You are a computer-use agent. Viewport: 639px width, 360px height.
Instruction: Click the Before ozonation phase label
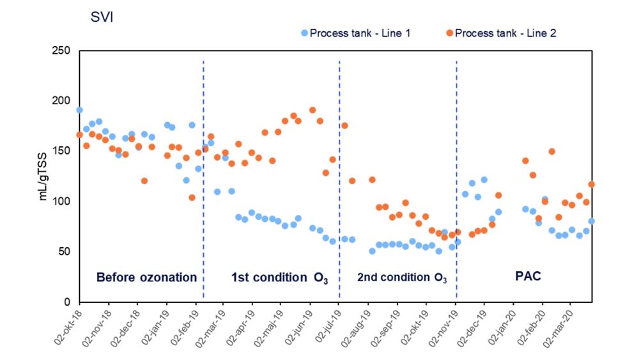146,278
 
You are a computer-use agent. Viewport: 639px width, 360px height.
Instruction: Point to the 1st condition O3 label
279,278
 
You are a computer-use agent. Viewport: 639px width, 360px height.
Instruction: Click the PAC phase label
528,278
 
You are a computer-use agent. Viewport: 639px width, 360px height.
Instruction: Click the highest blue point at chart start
79,110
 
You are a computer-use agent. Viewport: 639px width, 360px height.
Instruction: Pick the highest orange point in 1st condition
312,110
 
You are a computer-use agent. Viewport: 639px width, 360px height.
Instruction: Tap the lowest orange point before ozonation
192,198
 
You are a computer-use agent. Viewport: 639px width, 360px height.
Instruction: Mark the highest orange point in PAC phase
551,152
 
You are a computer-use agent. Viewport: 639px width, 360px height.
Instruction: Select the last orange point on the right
592,184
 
